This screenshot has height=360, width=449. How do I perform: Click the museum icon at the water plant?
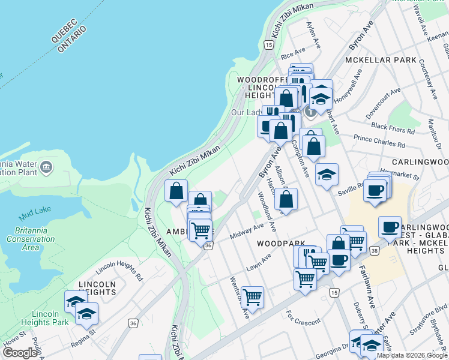coord(46,166)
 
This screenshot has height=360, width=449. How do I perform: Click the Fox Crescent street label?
coord(303,317)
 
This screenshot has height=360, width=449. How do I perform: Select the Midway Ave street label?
coord(247,231)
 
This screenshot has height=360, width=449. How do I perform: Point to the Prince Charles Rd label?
coord(379,142)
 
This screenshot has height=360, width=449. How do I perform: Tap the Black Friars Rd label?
coord(393,128)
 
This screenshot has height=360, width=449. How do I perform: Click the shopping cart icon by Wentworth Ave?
coord(253,296)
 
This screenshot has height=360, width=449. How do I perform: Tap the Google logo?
coord(20,353)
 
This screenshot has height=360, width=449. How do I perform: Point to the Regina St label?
coord(85,334)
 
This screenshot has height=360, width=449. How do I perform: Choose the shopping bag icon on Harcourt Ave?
coord(287,200)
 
